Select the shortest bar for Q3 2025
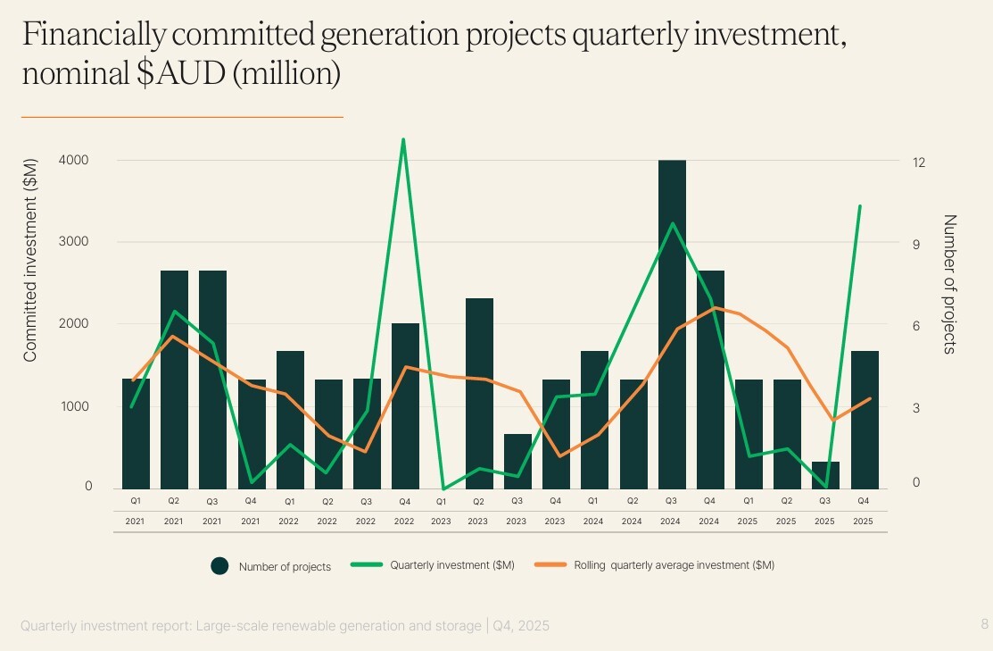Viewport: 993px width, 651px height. [825, 475]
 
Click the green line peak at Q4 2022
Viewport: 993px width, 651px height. [403, 140]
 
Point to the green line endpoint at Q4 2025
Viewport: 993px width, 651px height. [859, 206]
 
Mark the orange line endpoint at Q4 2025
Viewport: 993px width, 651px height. [869, 398]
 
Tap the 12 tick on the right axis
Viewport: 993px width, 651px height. [918, 163]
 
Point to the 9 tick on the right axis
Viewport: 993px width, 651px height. [918, 244]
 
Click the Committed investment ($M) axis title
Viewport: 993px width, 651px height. [30, 260]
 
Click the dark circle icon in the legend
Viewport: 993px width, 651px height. [220, 565]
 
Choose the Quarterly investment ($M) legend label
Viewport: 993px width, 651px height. [451, 565]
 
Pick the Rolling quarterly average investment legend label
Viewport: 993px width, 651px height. [674, 565]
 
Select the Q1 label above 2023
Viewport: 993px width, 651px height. [442, 502]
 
